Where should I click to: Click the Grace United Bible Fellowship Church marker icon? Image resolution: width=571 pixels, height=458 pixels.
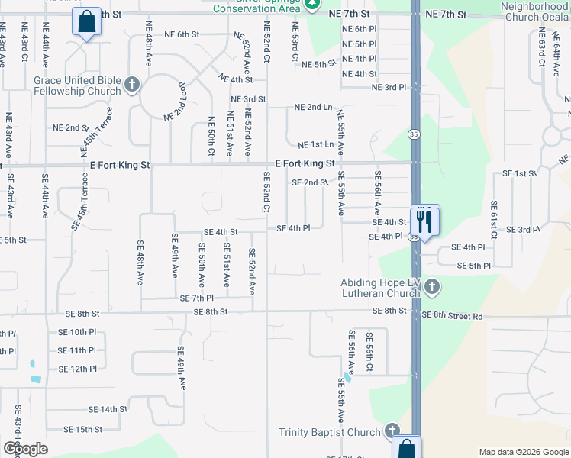point(132,85)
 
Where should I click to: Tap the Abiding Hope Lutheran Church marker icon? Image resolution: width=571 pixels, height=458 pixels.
point(431,288)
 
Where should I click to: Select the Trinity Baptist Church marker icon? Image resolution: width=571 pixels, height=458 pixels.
point(392,432)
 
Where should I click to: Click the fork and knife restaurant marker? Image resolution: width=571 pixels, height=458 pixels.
point(424,222)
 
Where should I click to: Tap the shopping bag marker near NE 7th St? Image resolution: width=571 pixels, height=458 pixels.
point(86,23)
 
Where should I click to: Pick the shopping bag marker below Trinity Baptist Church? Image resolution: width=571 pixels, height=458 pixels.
point(407,450)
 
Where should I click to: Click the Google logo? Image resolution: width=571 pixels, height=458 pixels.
point(24,449)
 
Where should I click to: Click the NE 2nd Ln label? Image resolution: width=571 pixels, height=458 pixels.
point(313,108)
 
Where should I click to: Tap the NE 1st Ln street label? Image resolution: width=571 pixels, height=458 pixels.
point(315,144)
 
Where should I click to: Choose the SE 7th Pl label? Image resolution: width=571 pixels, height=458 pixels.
point(197,298)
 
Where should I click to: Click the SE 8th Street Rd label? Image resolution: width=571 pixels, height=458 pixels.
point(453,315)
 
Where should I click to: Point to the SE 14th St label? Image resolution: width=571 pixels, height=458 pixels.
point(108,409)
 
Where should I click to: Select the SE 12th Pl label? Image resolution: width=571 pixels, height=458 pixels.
point(77,369)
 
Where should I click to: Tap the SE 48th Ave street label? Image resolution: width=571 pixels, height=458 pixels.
point(140,263)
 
